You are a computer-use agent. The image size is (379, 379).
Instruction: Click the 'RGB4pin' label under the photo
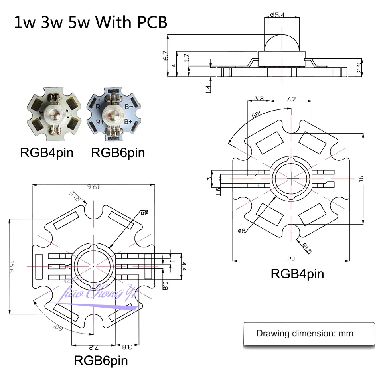point(47,152)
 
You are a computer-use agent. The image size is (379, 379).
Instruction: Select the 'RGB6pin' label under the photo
point(118,152)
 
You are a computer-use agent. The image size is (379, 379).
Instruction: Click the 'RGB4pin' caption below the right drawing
point(297,274)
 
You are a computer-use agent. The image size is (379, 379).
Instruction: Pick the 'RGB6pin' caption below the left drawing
point(101,361)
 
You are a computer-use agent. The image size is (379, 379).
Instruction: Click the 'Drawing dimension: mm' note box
point(304,334)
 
